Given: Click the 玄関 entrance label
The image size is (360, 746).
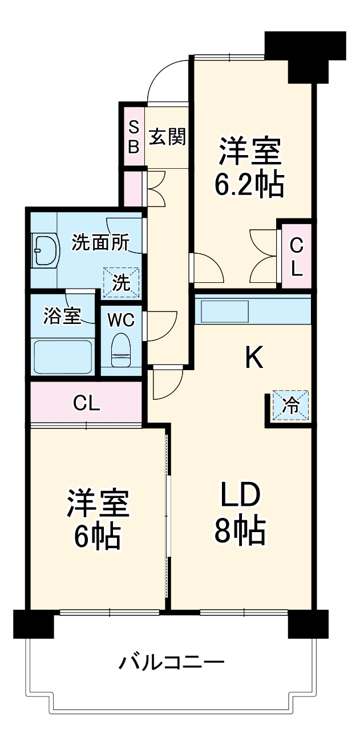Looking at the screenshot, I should pyautogui.click(x=168, y=137).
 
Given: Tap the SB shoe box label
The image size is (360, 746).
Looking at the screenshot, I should pyautogui.click(x=132, y=137).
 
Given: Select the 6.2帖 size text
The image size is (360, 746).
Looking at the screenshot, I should pyautogui.click(x=249, y=184).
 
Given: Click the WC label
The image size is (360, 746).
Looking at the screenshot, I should pyautogui.click(x=121, y=321).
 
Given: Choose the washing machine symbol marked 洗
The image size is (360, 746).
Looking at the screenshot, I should pyautogui.click(x=121, y=282).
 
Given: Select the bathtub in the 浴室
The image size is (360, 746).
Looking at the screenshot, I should pyautogui.click(x=63, y=356).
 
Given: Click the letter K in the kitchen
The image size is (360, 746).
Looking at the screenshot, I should pyautogui.click(x=253, y=358).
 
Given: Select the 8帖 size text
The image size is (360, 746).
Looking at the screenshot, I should pyautogui.click(x=240, y=532).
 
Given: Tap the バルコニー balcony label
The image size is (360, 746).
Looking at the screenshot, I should pyautogui.click(x=171, y=663).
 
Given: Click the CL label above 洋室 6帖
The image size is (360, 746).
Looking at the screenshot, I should pyautogui.click(x=87, y=404).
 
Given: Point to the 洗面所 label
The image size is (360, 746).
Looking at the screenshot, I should pyautogui.click(x=100, y=243).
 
